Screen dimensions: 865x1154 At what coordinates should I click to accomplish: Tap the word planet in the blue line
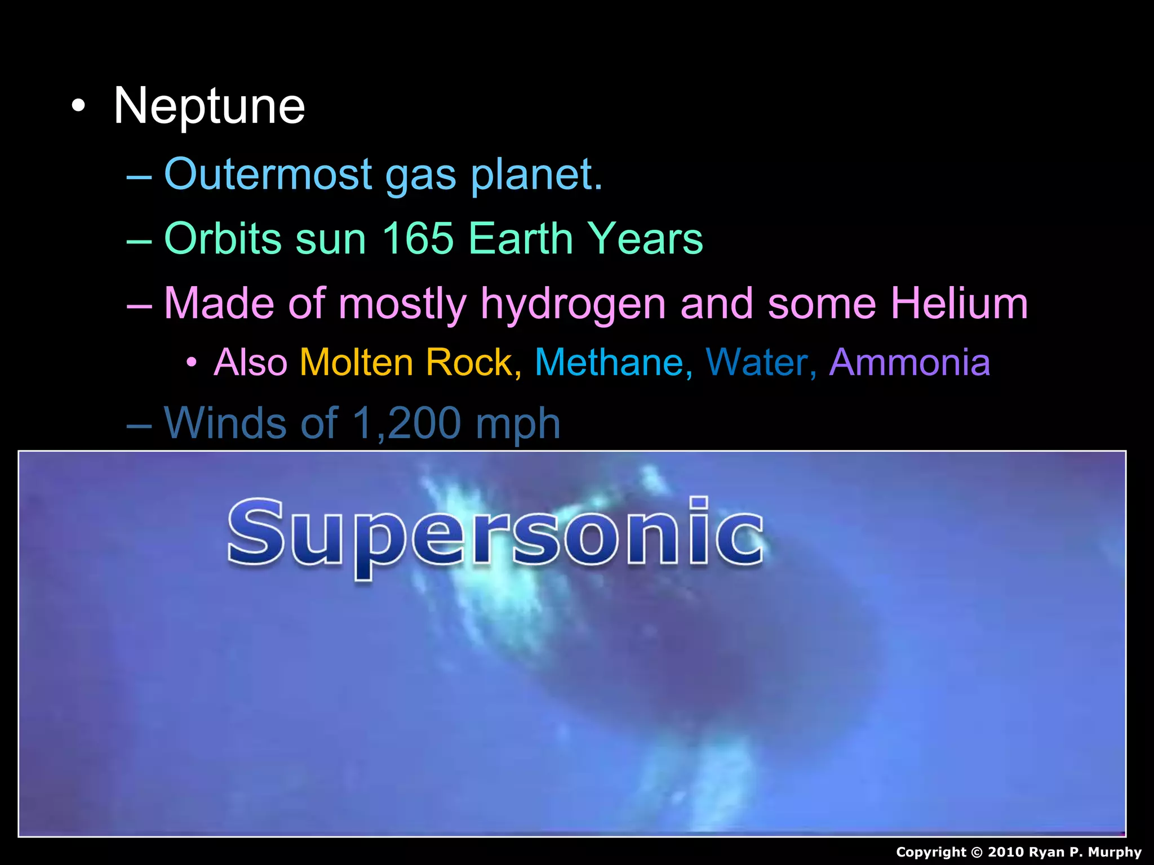click(536, 175)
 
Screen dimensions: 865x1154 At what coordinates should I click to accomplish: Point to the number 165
click(418, 238)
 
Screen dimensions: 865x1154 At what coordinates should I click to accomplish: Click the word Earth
click(520, 238)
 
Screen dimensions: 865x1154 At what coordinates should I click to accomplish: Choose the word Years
click(645, 238)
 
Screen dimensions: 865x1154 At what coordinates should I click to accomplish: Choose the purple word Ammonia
click(909, 362)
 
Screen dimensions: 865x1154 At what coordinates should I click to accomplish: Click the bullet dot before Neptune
click(78, 106)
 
